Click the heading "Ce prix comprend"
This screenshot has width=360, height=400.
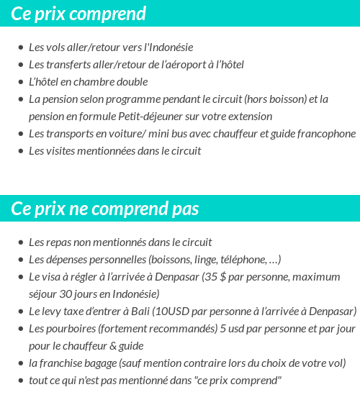pos(78,14)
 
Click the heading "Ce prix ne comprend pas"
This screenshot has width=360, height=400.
pos(105,209)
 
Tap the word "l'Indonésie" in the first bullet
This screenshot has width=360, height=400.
pos(169,47)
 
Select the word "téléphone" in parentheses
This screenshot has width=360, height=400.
pos(238,260)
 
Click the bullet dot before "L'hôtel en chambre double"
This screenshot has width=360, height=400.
pos(20,83)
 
